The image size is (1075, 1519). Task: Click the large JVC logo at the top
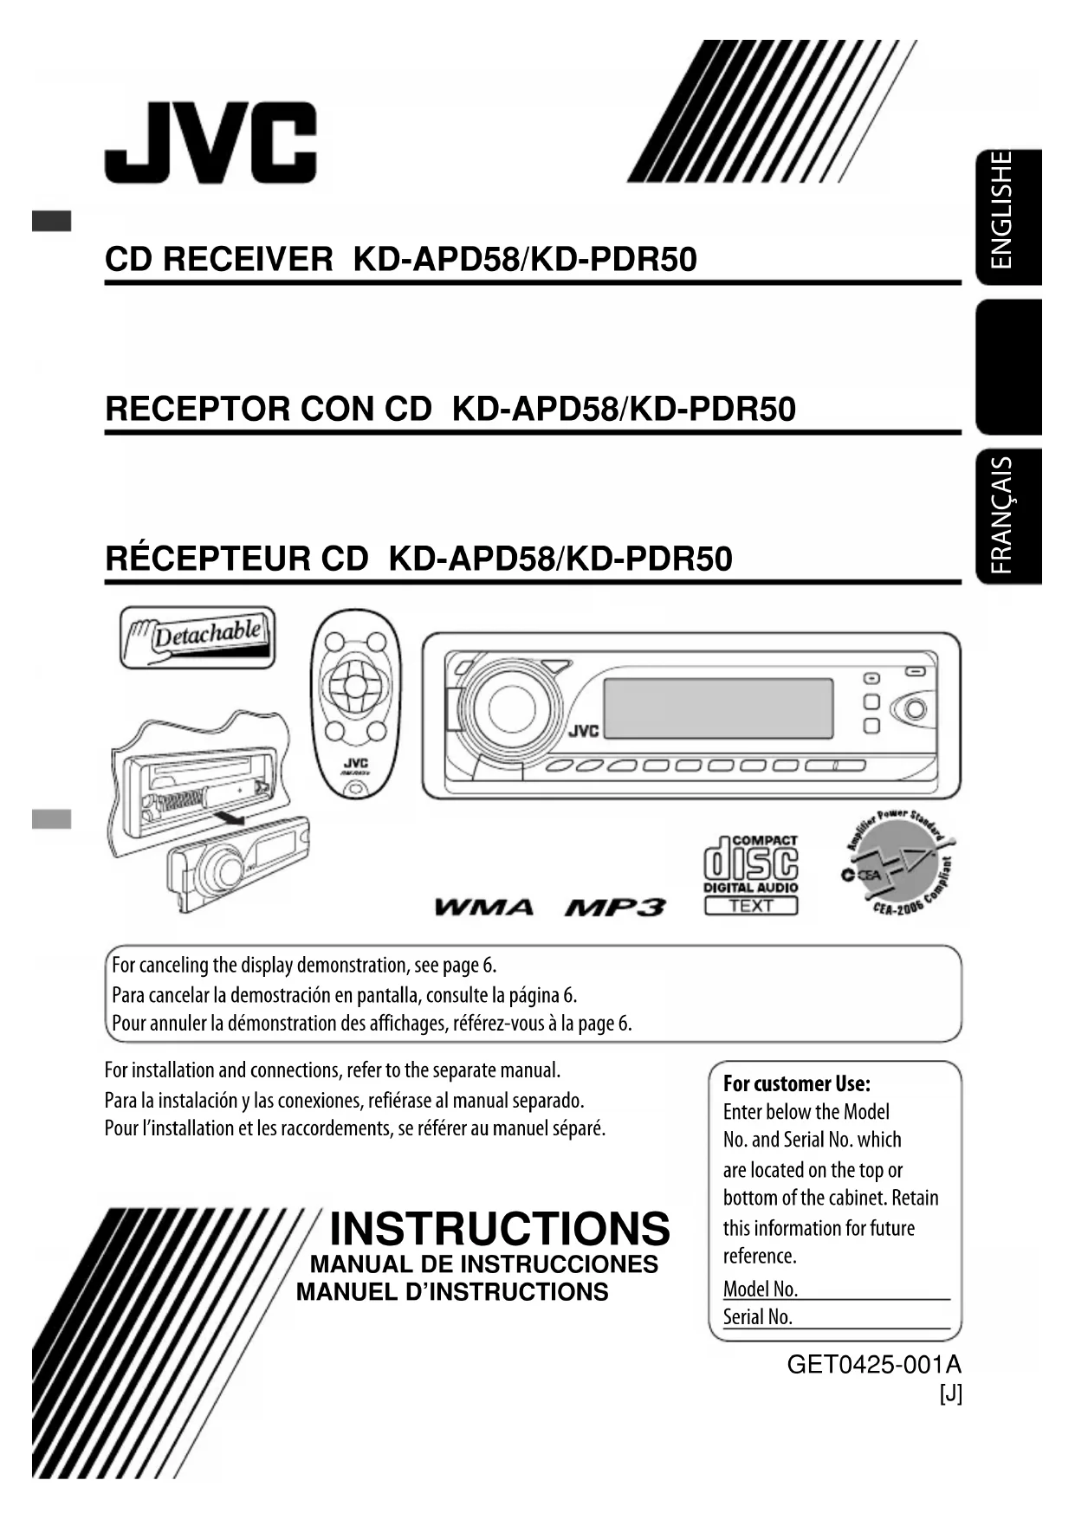click(x=210, y=143)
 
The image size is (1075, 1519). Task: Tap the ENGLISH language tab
click(x=1009, y=217)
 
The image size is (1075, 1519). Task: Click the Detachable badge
click(x=198, y=637)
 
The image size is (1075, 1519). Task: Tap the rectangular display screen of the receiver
click(x=718, y=708)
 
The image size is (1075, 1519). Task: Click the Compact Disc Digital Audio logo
click(x=751, y=875)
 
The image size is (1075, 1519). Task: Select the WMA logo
click(x=483, y=908)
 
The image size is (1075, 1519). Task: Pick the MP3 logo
click(x=615, y=908)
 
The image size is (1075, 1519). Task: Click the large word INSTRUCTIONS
click(x=500, y=1229)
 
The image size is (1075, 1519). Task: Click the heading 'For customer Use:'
click(x=797, y=1083)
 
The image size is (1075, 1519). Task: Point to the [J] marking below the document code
click(x=950, y=1394)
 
